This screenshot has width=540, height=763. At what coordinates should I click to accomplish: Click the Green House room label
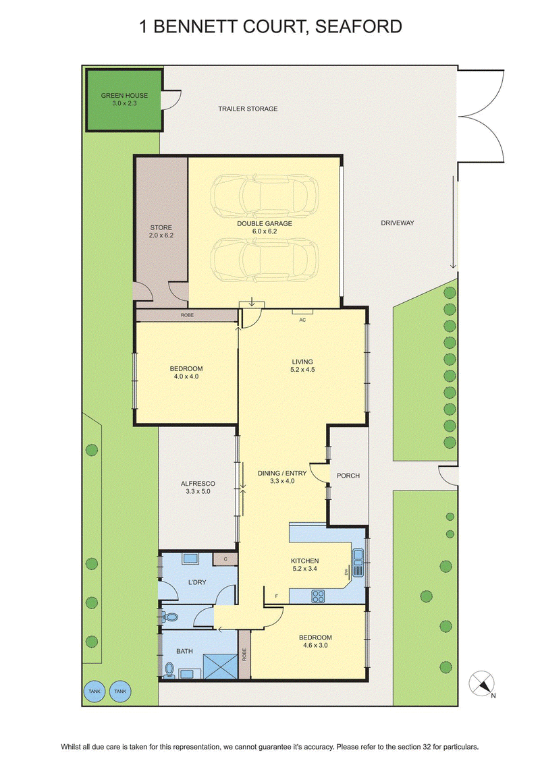124,99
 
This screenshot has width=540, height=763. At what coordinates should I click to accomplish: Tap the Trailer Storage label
248,109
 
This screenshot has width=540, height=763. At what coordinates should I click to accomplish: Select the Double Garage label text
265,227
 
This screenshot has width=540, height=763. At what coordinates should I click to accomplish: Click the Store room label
161,231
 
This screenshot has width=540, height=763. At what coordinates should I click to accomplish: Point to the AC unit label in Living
302,320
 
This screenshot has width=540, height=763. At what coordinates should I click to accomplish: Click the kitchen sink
358,562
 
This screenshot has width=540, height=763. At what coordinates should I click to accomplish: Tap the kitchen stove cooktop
318,596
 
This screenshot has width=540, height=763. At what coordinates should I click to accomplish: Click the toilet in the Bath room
169,670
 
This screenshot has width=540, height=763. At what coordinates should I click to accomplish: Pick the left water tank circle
94,691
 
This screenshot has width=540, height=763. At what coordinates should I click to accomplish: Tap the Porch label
348,476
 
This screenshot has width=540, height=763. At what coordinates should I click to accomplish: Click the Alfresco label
198,487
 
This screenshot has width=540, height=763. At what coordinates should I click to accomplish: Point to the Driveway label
398,223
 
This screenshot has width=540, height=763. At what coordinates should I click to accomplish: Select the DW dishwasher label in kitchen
347,572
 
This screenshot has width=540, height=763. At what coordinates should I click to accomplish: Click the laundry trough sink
190,559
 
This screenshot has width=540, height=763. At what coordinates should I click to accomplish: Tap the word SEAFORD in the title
358,26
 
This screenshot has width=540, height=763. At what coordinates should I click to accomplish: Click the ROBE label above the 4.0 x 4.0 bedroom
187,315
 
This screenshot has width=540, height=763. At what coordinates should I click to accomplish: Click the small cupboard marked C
225,559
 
